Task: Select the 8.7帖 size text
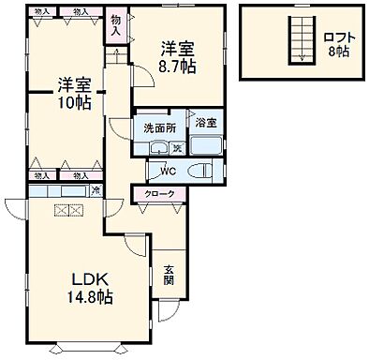pos(178,67)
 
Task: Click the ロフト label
pos(340,37)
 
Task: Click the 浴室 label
pos(205,123)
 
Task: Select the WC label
pos(168,171)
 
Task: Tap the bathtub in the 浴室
pos(206,145)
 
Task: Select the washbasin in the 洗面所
pos(158,147)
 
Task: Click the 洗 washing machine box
pos(177,146)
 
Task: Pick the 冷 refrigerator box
pos(96,190)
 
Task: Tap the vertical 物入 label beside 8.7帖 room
pos(115,23)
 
